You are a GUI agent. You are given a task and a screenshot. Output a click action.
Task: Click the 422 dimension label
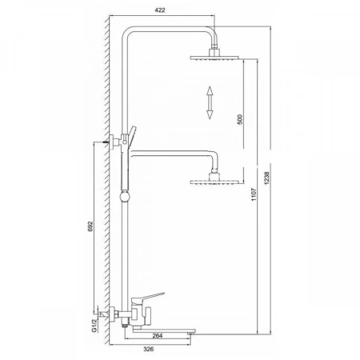point(160,10)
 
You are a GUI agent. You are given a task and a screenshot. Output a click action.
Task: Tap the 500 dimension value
point(240,119)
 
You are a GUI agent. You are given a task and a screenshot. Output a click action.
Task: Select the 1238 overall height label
point(267,178)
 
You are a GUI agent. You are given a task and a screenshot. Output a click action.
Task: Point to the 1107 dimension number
point(254,194)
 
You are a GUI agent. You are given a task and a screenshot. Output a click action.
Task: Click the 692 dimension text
point(90,226)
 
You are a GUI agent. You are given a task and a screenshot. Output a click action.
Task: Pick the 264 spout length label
point(158,335)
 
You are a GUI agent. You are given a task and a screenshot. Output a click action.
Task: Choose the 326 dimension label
point(149,349)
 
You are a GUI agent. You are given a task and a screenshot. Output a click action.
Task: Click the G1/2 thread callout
point(94,326)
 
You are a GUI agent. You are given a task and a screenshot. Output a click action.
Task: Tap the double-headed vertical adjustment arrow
point(210,102)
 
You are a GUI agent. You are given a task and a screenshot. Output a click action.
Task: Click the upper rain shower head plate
point(214,58)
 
